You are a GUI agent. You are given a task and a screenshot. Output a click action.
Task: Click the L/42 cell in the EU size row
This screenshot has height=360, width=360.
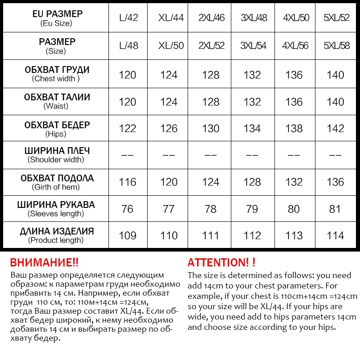point(128,18)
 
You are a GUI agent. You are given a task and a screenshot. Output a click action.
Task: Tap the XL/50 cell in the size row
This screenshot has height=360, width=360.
point(171,46)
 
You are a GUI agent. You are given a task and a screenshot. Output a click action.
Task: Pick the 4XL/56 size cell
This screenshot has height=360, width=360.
point(294,46)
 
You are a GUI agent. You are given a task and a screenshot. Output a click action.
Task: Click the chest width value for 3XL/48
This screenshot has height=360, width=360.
point(252,75)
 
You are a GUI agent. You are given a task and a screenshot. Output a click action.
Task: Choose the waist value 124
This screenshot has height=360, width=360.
point(169,102)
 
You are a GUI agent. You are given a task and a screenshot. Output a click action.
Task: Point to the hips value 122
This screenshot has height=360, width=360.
point(127,129)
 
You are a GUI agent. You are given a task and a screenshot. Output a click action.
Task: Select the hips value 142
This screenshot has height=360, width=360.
point(335,129)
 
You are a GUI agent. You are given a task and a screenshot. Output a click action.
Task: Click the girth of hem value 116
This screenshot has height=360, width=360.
point(127,182)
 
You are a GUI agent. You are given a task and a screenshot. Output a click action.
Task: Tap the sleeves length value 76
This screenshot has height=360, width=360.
point(127,209)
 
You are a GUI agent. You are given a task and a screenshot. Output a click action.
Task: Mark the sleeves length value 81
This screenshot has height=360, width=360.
point(335,209)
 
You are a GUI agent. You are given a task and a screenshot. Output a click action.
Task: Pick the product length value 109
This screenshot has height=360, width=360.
point(127,236)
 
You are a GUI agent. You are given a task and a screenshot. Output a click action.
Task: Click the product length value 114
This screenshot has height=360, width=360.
point(335,236)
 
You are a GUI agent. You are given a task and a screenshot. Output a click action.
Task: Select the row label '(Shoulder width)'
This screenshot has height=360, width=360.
point(56,160)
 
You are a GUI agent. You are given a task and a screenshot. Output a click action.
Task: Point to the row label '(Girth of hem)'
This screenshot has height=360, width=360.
point(56,187)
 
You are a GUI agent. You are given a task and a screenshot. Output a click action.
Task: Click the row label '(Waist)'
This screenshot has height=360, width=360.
point(56,106)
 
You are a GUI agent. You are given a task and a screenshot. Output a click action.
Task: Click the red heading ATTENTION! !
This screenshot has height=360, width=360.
point(221,263)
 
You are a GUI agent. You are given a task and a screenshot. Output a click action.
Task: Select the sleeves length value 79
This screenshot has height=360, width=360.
point(252,209)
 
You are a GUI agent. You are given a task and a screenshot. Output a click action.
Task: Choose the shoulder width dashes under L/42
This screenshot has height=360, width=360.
point(127,155)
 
